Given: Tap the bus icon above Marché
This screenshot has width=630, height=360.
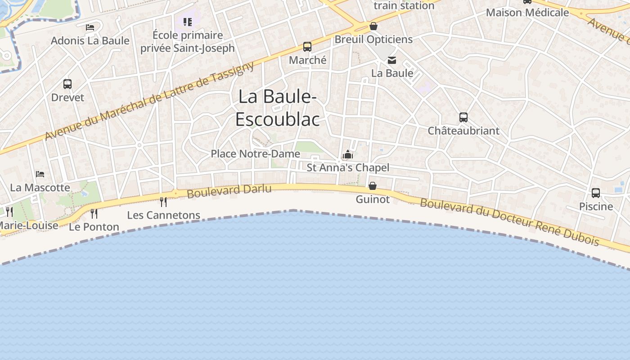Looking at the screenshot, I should [307, 46].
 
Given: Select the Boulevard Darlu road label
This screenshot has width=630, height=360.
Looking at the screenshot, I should [229, 191].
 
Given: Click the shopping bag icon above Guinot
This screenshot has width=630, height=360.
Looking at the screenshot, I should [373, 185].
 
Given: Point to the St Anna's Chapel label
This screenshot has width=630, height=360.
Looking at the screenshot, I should [348, 167].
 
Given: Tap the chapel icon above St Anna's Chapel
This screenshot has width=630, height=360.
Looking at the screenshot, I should [347, 155].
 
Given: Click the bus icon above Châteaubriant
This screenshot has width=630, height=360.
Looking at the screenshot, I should [463, 117].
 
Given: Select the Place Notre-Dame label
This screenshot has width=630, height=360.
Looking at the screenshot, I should [255, 153].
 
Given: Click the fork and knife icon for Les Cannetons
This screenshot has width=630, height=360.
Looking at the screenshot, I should [163, 202].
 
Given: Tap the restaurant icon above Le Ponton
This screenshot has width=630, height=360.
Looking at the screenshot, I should [94, 213].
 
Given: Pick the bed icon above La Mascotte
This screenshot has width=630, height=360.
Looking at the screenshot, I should [40, 174].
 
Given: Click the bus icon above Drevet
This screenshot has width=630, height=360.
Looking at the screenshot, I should [67, 84].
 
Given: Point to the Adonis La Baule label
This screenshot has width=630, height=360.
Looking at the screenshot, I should [90, 40].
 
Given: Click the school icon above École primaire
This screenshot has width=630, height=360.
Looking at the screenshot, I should [188, 22].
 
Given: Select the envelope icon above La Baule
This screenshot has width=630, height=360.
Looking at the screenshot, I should [392, 60].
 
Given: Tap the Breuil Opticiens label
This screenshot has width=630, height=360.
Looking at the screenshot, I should [373, 39].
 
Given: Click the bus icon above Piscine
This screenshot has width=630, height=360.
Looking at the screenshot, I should [596, 193].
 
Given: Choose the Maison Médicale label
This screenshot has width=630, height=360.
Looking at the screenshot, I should [527, 12].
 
